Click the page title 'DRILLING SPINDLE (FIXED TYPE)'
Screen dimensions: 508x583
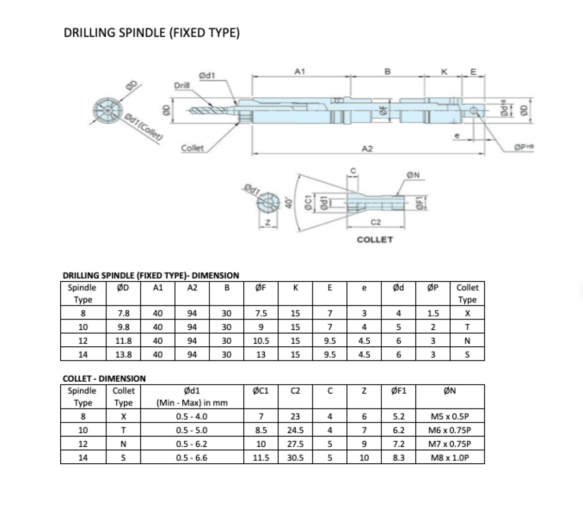pyautogui.click(x=152, y=33)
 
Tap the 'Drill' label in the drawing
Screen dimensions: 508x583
pyautogui.click(x=183, y=86)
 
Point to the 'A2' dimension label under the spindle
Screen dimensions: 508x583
pyautogui.click(x=367, y=149)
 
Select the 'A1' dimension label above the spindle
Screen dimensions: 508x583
pyautogui.click(x=300, y=71)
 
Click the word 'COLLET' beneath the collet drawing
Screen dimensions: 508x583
pyautogui.click(x=375, y=240)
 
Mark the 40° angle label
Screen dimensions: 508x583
pyautogui.click(x=289, y=201)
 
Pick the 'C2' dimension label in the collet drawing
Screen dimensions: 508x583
pyautogui.click(x=375, y=222)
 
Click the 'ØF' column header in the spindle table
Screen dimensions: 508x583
pyautogui.click(x=261, y=288)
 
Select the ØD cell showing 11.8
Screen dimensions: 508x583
pyautogui.click(x=123, y=341)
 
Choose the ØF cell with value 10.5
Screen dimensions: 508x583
pyautogui.click(x=261, y=341)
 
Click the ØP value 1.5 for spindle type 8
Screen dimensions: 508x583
pyautogui.click(x=433, y=314)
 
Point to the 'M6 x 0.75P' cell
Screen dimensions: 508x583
pyautogui.click(x=450, y=430)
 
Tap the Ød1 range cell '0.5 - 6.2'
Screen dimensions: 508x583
pyautogui.click(x=191, y=444)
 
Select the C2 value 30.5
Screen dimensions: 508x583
pyautogui.click(x=295, y=457)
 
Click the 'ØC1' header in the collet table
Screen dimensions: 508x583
pyautogui.click(x=261, y=390)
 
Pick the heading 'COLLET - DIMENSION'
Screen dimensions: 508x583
pyautogui.click(x=104, y=378)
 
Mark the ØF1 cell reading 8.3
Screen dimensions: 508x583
pyautogui.click(x=398, y=457)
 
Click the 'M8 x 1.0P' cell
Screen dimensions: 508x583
pyautogui.click(x=450, y=457)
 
